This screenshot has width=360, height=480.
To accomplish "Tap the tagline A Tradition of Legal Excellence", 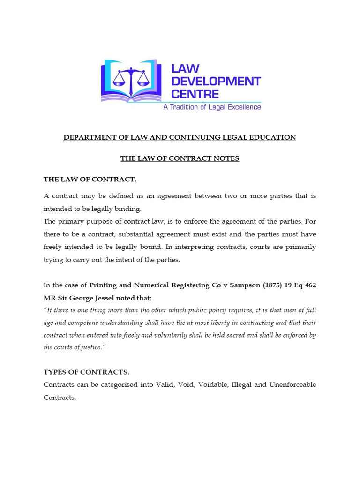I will (x=211, y=107).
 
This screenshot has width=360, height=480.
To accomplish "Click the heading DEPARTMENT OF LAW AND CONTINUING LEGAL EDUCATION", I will (x=180, y=137).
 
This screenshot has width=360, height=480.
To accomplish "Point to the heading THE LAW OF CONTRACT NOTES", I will (x=180, y=158).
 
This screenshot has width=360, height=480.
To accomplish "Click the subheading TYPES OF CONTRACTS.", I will (x=86, y=372).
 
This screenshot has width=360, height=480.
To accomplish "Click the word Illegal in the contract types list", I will (x=242, y=384).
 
